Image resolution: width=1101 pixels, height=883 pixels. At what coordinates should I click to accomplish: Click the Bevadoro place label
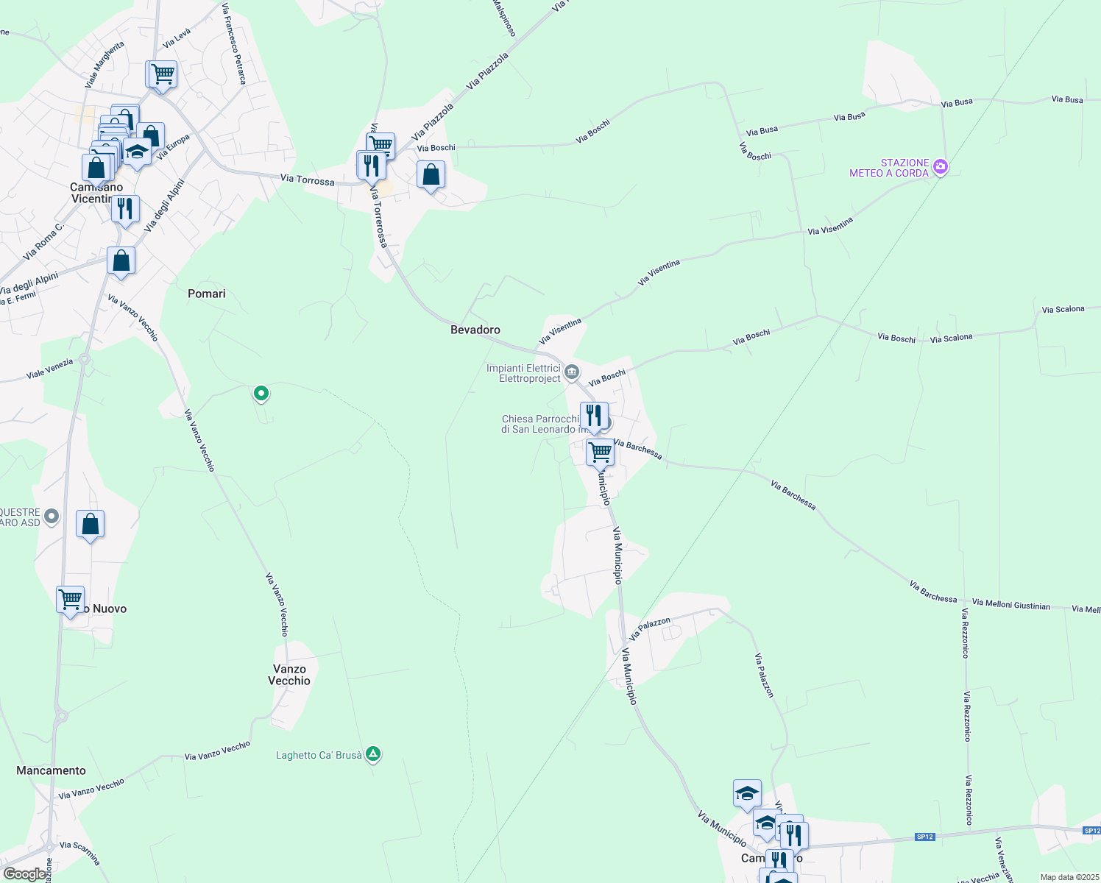[x=475, y=330]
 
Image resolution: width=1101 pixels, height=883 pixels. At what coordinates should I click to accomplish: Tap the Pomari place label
[x=207, y=294]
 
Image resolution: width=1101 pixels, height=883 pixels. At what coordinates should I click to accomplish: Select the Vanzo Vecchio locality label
[x=289, y=675]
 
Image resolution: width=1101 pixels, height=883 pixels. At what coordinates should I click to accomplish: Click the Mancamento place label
[x=51, y=770]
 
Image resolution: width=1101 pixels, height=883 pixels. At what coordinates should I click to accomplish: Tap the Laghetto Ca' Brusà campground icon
[x=373, y=754]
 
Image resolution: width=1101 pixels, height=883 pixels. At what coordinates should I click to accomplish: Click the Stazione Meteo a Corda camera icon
[x=940, y=167]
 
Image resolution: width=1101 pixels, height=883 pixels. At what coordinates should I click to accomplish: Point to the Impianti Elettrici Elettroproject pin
[x=572, y=373]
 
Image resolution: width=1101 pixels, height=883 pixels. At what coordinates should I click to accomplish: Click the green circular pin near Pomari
[x=261, y=394]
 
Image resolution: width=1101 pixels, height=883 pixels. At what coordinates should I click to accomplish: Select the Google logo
[x=24, y=874]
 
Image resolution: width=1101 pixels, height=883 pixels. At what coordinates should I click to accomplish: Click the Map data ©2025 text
[x=1069, y=877]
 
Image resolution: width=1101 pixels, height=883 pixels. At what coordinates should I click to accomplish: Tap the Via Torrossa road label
[x=307, y=180]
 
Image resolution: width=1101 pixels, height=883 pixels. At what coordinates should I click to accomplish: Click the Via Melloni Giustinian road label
[x=1010, y=605]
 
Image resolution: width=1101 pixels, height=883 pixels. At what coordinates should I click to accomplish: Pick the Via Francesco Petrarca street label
[x=234, y=44]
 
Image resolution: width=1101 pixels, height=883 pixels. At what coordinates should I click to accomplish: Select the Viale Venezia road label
[x=49, y=369]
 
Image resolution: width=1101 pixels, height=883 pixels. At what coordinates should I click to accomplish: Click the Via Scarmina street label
[x=79, y=853]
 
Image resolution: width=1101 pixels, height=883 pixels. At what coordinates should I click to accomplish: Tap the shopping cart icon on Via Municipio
[x=601, y=451]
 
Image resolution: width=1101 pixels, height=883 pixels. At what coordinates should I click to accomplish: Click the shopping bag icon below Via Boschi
[x=431, y=174]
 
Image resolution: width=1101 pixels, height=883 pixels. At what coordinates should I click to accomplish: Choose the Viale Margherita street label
[x=105, y=65]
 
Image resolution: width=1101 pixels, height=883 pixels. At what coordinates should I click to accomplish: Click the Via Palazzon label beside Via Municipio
[x=651, y=628]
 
